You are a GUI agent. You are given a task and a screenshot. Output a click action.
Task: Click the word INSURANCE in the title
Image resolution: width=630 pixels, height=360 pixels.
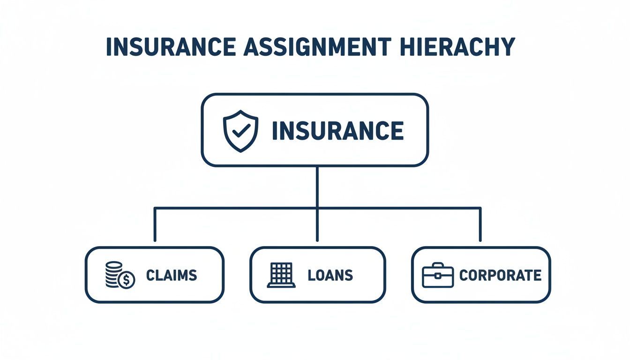[169, 47]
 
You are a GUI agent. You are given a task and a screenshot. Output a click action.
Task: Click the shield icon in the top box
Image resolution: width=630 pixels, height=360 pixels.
[240, 131]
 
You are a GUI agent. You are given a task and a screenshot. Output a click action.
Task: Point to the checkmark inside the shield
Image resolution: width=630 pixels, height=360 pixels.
[240, 131]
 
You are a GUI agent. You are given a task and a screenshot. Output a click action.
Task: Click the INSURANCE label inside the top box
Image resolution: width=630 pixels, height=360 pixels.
[337, 131]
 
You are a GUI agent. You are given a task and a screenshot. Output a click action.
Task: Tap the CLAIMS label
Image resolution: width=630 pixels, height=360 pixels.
[171, 275]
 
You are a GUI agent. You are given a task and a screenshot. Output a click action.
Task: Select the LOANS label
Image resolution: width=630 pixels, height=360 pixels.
[330, 275]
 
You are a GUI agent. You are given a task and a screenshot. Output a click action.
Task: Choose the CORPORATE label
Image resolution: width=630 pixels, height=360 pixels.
[500, 275]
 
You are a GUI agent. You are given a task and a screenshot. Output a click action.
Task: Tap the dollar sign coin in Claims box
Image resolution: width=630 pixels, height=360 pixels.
[127, 280]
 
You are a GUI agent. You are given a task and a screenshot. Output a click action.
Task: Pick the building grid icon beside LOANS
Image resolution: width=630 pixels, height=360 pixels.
[282, 275]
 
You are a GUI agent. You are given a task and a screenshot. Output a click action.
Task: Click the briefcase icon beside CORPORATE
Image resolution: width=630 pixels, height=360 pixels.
[437, 276]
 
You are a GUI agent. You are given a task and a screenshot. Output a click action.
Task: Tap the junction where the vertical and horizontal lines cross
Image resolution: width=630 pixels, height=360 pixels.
[317, 207]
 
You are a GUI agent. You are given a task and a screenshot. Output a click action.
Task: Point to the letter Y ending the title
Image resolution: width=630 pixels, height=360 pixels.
[508, 47]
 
